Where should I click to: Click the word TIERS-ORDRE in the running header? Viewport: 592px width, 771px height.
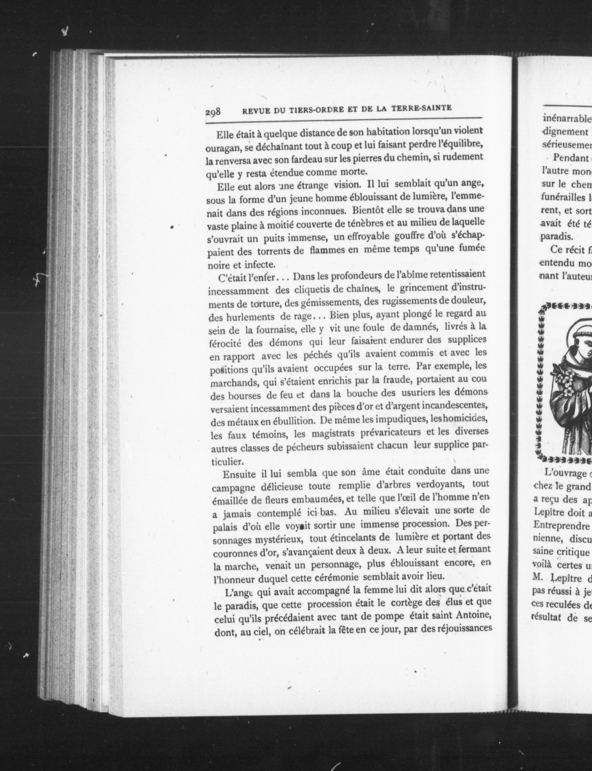point(308,110)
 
